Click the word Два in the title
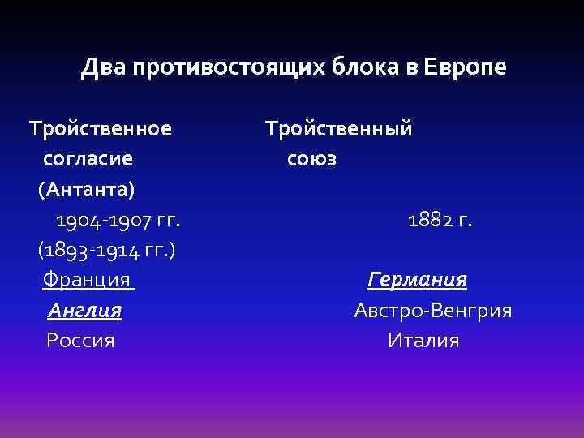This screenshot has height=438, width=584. (100, 67)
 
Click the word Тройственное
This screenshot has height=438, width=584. (101, 128)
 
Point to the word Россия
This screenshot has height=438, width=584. (80, 341)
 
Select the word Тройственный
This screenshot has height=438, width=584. (339, 128)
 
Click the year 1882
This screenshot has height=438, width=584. (430, 220)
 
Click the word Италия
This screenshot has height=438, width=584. (423, 341)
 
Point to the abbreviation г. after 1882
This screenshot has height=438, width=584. (465, 220)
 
